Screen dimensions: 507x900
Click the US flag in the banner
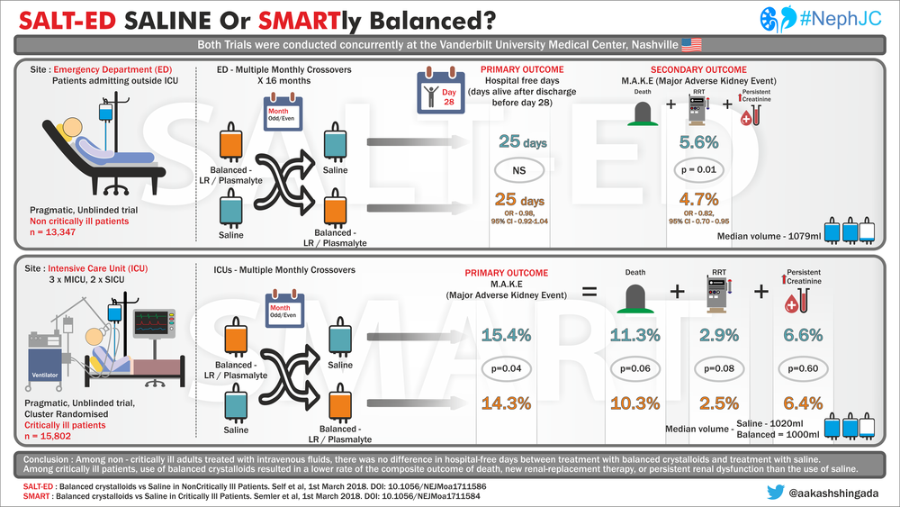(x=691, y=45)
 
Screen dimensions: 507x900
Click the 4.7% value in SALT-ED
(x=700, y=198)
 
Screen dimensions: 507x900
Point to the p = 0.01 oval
(x=700, y=169)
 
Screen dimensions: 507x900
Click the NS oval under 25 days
(x=521, y=169)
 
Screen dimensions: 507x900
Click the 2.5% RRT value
(x=715, y=403)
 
